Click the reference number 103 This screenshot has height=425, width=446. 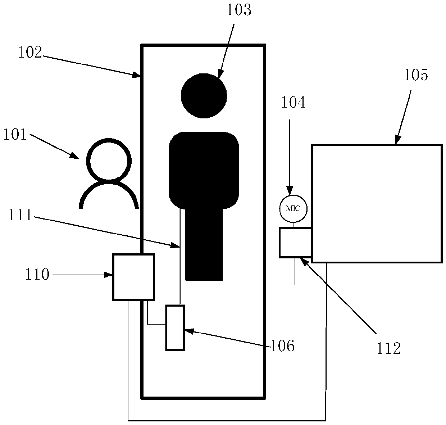point(238,10)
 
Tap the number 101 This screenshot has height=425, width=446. point(15,135)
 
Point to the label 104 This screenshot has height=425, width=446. point(293,103)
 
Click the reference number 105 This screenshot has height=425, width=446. point(416,75)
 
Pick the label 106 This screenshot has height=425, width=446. point(282,346)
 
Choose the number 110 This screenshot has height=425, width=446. point(37,275)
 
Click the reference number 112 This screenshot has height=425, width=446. point(388,348)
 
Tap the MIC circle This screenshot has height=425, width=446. point(293,208)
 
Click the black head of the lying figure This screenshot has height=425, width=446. point(204,96)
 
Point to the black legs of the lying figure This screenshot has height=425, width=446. point(204,245)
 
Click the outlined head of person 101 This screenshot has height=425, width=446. point(108,159)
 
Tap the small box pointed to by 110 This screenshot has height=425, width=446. point(133,277)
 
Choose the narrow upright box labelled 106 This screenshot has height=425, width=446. point(175,327)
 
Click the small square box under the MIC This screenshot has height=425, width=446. point(295,242)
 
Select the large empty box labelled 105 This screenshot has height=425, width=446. point(376,203)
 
